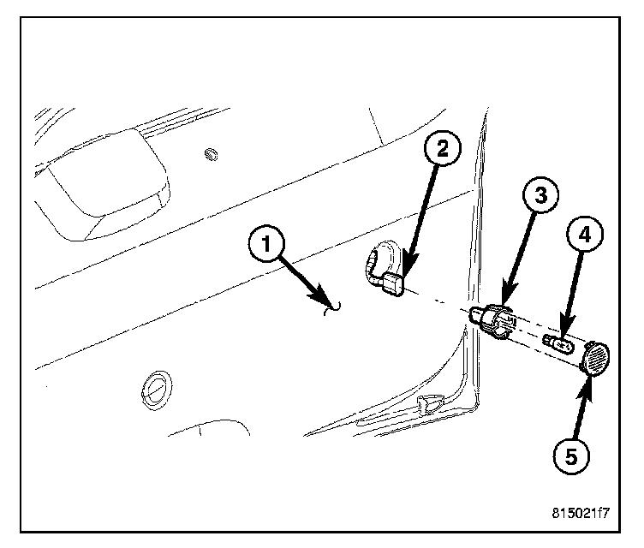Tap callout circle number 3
click(x=538, y=195)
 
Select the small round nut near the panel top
click(x=210, y=154)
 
